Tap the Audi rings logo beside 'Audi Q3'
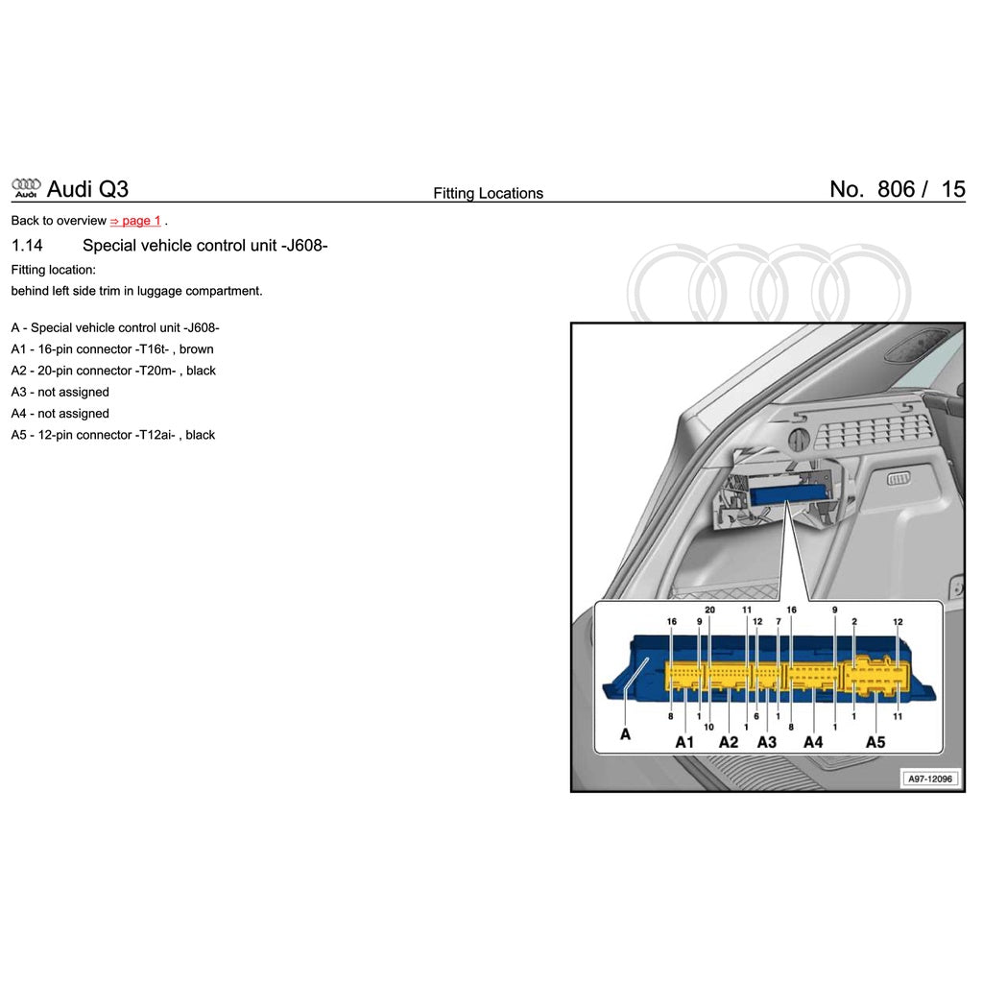point(26,187)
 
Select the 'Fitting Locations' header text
point(488,193)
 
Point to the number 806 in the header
point(896,189)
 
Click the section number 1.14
point(27,246)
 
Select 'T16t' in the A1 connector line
point(154,349)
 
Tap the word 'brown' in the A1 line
point(197,349)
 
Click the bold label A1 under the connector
point(684,742)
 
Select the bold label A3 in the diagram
point(766,742)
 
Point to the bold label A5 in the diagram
point(875,742)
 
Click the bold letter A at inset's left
point(626,734)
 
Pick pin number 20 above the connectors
point(710,611)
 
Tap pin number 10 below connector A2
point(708,727)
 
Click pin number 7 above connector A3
point(778,621)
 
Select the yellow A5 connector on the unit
point(873,676)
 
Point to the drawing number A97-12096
point(930,779)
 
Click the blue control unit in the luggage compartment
point(789,494)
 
